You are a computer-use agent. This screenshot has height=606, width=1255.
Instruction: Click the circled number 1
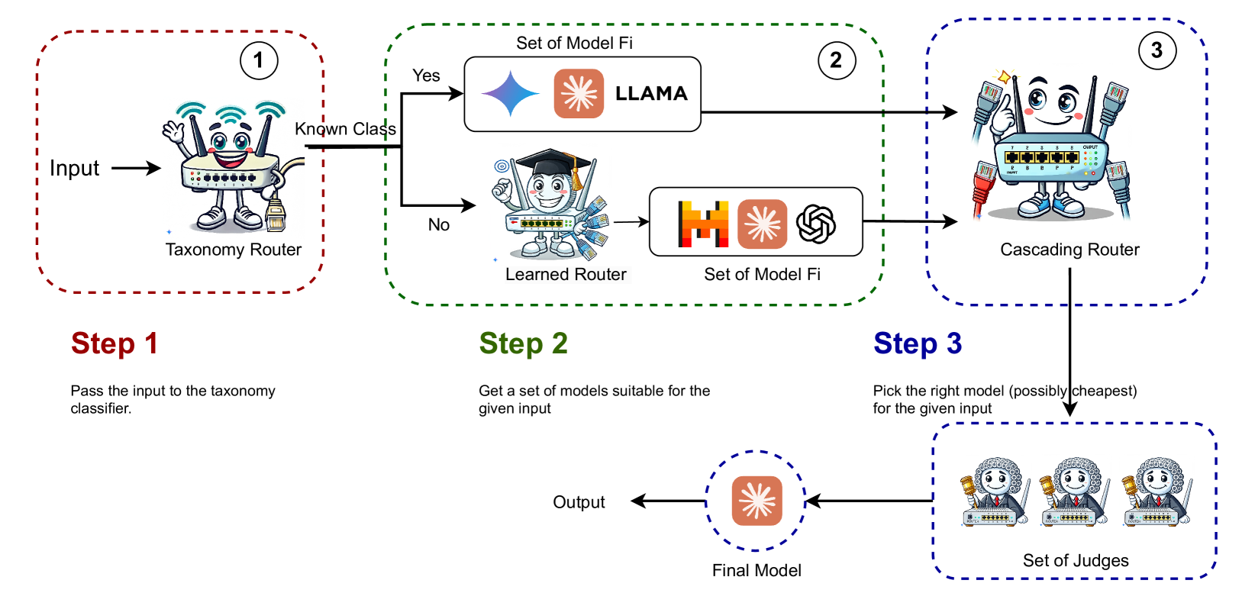coord(259,60)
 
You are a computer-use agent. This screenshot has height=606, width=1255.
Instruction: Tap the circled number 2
coord(836,60)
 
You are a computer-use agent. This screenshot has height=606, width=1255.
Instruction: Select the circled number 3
coord(1157,50)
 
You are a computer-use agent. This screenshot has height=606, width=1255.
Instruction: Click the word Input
coord(74,168)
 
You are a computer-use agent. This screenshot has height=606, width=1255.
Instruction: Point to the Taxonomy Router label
coord(233,250)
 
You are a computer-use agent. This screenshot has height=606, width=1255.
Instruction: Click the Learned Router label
coord(566,274)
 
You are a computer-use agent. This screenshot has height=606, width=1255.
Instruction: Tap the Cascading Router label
coord(1069,250)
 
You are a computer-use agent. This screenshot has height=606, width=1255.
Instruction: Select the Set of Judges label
coord(1075,560)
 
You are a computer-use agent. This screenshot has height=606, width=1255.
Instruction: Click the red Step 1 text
coord(115,343)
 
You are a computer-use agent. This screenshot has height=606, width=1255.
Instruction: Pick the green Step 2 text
coord(523,343)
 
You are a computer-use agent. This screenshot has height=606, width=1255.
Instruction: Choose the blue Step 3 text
coord(917,343)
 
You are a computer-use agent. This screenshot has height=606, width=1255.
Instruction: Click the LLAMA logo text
coord(651,94)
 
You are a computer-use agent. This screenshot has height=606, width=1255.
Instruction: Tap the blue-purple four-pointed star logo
coord(510,94)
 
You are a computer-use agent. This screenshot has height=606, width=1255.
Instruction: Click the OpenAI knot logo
coord(815,224)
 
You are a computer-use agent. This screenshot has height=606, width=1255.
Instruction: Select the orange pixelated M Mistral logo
coord(703,224)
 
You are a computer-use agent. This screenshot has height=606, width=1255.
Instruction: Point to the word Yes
coord(426,76)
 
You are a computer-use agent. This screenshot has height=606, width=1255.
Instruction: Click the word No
coord(438,224)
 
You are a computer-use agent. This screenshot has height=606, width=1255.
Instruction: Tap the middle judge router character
coord(1075,492)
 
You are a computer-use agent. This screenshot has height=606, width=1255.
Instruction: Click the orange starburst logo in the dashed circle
coord(757,501)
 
